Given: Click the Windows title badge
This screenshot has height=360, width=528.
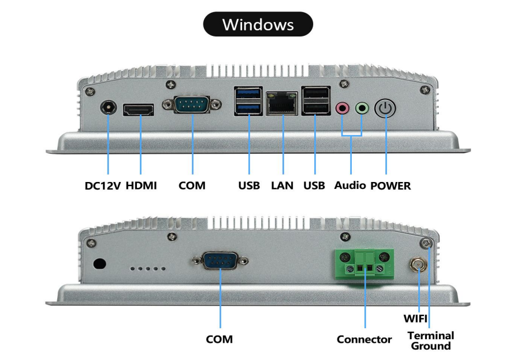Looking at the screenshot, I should click(x=258, y=25).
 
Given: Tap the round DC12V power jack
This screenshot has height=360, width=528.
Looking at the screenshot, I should click(x=108, y=108).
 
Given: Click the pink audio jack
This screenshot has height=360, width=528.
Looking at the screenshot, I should click(x=343, y=107).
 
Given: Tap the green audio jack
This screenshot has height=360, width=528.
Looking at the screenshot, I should click(x=362, y=107).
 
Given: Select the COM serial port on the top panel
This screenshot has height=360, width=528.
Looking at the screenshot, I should click(x=192, y=105).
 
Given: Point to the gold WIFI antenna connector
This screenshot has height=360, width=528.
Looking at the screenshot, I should click(x=417, y=266).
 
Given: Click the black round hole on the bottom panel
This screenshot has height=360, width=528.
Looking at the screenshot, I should click(x=99, y=263).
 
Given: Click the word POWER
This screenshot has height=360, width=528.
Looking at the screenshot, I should click(x=391, y=185).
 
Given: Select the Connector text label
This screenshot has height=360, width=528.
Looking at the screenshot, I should click(x=364, y=339).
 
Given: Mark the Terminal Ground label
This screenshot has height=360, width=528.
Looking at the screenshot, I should click(x=431, y=340).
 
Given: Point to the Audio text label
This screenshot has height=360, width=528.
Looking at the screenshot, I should click(x=350, y=185).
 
